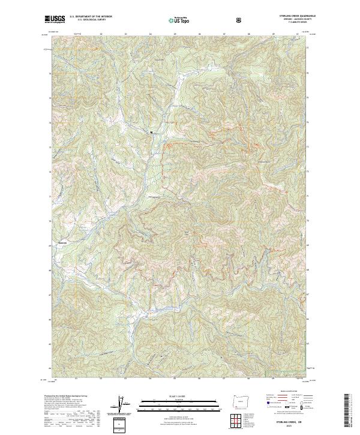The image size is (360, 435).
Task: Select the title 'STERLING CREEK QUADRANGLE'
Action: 292,16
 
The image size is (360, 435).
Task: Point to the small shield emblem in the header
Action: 240,20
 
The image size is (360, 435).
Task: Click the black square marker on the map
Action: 151,131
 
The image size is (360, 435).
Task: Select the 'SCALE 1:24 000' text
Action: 170,397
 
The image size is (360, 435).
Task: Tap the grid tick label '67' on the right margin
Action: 308,295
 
